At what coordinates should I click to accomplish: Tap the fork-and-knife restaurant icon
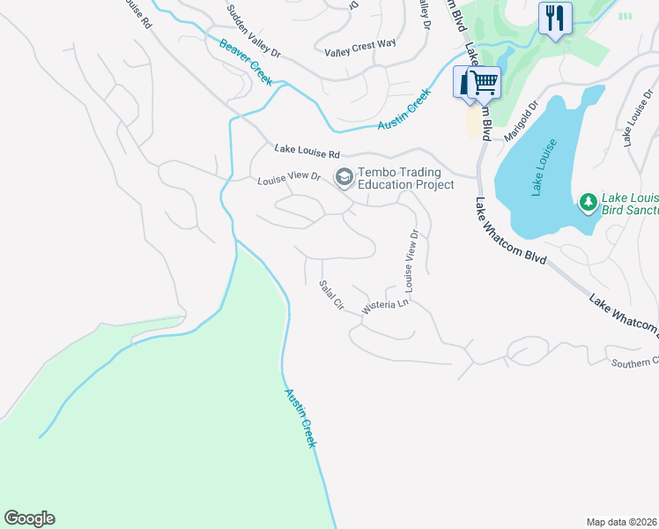pyautogui.click(x=555, y=18)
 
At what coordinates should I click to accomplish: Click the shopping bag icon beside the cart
pyautogui.click(x=464, y=84)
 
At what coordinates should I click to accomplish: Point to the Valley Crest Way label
pyautogui.click(x=360, y=45)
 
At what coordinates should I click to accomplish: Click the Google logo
pyautogui.click(x=29, y=518)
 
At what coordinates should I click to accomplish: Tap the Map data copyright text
pyautogui.click(x=622, y=521)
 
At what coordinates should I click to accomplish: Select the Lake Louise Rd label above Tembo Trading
pyautogui.click(x=306, y=152)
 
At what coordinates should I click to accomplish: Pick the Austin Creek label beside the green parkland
pyautogui.click(x=298, y=419)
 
